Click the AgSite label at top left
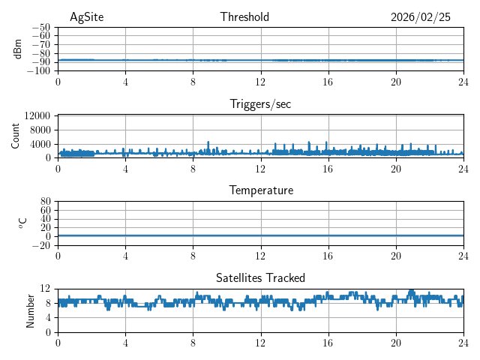[x=87, y=17]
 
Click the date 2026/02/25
[x=421, y=17]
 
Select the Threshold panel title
[x=244, y=17]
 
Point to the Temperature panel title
[x=261, y=190]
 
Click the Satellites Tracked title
[x=260, y=277]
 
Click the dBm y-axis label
[x=19, y=49]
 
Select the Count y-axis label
[x=16, y=136]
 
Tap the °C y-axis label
[x=22, y=223]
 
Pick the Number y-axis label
[x=31, y=310]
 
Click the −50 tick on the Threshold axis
[x=40, y=27]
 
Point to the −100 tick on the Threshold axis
[x=37, y=71]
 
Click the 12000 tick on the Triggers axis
[x=37, y=116]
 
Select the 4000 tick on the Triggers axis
[x=40, y=144]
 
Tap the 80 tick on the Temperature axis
[x=46, y=202]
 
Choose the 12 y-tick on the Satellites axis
[x=46, y=289]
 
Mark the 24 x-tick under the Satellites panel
[x=463, y=343]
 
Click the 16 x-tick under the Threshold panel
[x=328, y=82]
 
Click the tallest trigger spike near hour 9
[x=208, y=142]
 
